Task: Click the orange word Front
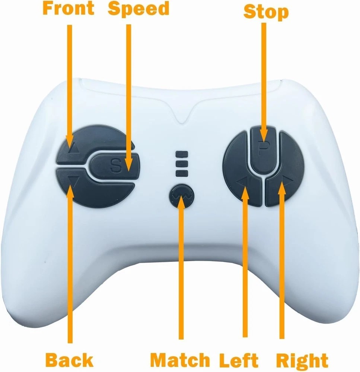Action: [69, 8]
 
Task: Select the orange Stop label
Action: [266, 12]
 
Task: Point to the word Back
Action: [69, 360]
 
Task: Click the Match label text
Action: [180, 360]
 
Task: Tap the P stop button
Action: [263, 151]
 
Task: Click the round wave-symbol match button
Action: [182, 196]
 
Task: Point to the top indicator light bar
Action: [182, 154]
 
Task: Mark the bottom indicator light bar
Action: [182, 173]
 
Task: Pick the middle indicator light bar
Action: [182, 164]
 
